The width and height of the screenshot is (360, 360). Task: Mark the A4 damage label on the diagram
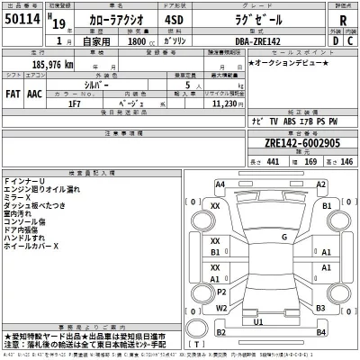coord(220,184)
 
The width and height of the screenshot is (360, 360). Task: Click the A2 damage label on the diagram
coord(321,184)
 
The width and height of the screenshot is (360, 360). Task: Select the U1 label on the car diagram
coord(258,321)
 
